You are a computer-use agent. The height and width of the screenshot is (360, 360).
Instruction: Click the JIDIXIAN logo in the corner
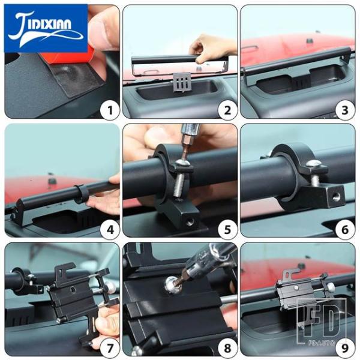tap(46, 28)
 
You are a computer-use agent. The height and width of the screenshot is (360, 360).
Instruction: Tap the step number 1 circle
tap(110, 110)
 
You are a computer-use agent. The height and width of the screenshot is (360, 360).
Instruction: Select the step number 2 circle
tap(227, 110)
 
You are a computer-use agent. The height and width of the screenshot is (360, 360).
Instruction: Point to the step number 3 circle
tap(345, 110)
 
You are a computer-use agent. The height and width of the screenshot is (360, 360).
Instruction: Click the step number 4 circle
tap(110, 229)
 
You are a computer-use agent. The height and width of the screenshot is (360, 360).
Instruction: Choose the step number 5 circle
tap(227, 229)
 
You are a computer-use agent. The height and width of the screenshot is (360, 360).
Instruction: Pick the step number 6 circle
tap(345, 229)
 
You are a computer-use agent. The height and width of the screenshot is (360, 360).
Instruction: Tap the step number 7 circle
tap(110, 348)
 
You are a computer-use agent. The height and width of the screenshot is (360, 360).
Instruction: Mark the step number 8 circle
tap(227, 348)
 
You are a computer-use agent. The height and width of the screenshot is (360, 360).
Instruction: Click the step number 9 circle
tap(345, 348)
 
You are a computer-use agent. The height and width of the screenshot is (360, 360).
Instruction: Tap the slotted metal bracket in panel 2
tap(182, 83)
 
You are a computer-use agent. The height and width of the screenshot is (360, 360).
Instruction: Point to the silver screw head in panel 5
tap(183, 163)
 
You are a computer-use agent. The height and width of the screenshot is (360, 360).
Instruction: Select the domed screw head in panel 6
tap(314, 163)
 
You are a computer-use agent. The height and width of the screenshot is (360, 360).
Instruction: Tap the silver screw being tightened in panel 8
tap(172, 284)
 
